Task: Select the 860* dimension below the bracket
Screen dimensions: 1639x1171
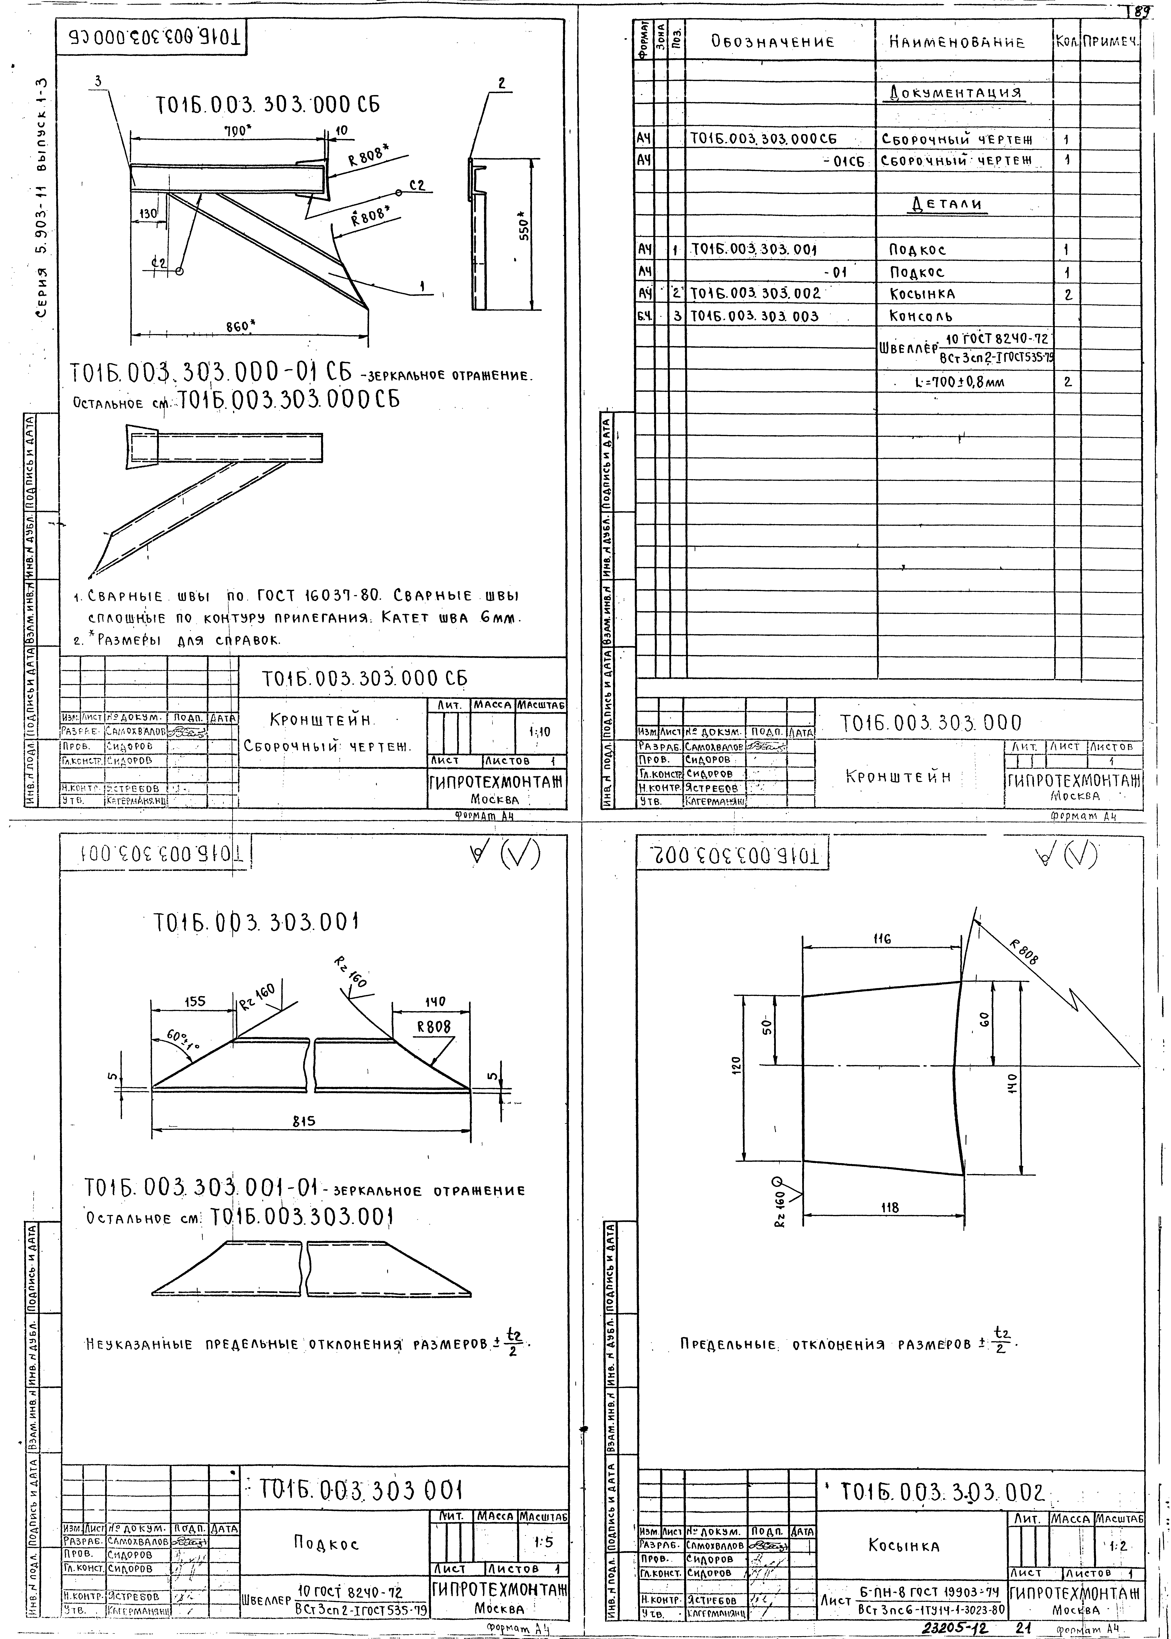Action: coord(241,326)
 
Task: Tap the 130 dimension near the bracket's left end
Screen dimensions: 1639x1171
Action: coord(148,214)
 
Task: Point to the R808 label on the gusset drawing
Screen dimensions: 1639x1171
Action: coord(1024,953)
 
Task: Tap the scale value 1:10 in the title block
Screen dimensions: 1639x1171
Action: coord(539,732)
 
